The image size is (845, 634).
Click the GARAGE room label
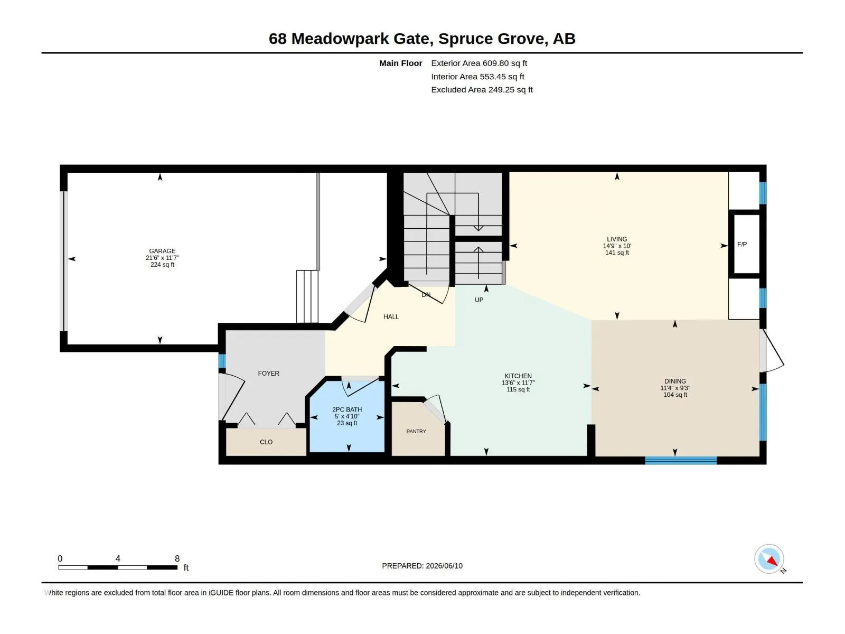[162, 251]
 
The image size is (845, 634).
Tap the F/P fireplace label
[742, 245]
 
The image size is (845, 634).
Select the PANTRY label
[416, 431]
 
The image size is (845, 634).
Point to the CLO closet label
[266, 442]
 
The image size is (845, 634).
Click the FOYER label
[268, 373]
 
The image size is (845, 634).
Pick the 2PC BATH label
[347, 409]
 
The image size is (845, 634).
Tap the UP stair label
[479, 300]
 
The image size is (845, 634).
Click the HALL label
[391, 317]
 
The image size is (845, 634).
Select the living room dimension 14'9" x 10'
[617, 246]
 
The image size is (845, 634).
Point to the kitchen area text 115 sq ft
[518, 389]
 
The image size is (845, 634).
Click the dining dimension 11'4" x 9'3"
[675, 388]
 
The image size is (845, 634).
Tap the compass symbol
[769, 559]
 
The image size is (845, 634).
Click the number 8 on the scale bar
[177, 558]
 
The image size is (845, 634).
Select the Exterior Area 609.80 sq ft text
[479, 63]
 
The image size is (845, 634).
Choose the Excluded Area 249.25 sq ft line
[482, 90]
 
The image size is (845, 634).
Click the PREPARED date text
[422, 566]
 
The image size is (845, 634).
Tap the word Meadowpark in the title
[340, 39]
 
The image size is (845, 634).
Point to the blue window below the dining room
[681, 460]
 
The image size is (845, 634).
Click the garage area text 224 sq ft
[162, 265]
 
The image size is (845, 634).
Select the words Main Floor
[400, 63]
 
